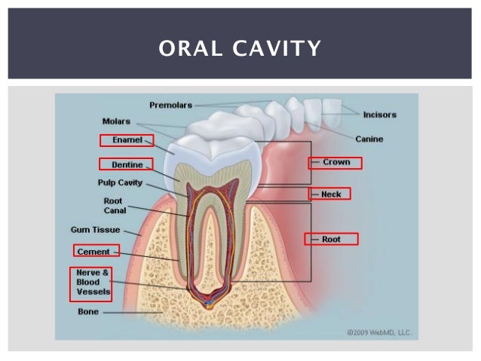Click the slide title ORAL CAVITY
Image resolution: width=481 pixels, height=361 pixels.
click(240, 49)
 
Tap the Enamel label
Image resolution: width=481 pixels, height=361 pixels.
click(126, 140)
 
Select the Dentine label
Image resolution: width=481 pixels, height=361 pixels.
click(127, 164)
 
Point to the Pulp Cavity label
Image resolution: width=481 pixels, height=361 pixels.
click(120, 182)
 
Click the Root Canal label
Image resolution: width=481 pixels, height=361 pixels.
click(115, 206)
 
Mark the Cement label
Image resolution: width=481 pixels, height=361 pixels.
click(94, 251)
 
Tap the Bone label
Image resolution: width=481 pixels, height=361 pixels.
click(87, 310)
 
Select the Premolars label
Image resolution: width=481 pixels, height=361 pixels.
click(171, 105)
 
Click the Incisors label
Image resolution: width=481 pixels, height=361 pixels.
click(379, 115)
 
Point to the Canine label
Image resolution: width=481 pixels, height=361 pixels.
click(369, 139)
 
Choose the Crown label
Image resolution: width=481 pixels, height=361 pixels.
click(335, 162)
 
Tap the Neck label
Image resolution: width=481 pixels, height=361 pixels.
click(331, 194)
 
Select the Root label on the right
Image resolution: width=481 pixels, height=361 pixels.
click(331, 239)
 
